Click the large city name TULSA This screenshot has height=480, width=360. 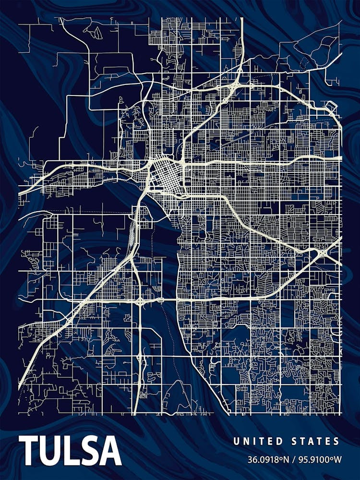point(70,452)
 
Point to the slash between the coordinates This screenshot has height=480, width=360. point(294,459)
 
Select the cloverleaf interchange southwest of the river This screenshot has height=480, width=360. point(140,301)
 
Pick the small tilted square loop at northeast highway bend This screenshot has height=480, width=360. point(331,107)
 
